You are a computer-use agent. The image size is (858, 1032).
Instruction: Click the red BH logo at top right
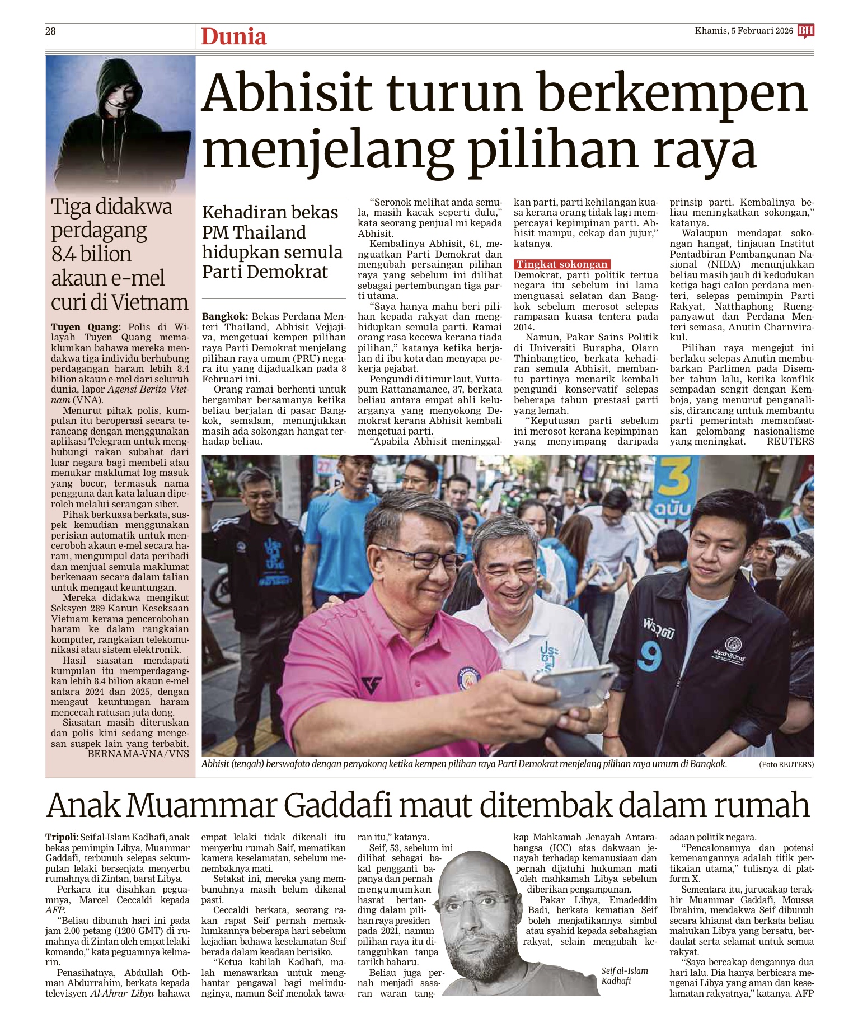806,31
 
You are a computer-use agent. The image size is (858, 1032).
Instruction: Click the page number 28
50,31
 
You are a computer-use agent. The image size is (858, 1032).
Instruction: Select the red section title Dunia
233,36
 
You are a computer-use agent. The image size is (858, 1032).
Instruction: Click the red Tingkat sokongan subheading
562,264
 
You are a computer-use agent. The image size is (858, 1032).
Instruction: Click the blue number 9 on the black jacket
650,655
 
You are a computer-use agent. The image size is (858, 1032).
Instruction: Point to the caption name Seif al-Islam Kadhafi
625,975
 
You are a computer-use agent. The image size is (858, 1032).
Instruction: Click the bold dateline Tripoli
62,837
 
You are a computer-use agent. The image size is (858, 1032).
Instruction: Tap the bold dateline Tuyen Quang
85,327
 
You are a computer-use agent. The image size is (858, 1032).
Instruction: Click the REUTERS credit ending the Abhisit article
790,441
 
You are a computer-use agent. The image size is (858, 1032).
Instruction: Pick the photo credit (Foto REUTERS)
786,765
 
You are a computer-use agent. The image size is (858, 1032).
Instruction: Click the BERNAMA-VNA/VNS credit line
138,754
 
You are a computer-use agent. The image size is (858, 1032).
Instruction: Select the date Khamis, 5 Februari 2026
744,31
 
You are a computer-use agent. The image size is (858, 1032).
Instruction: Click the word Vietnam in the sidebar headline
151,302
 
